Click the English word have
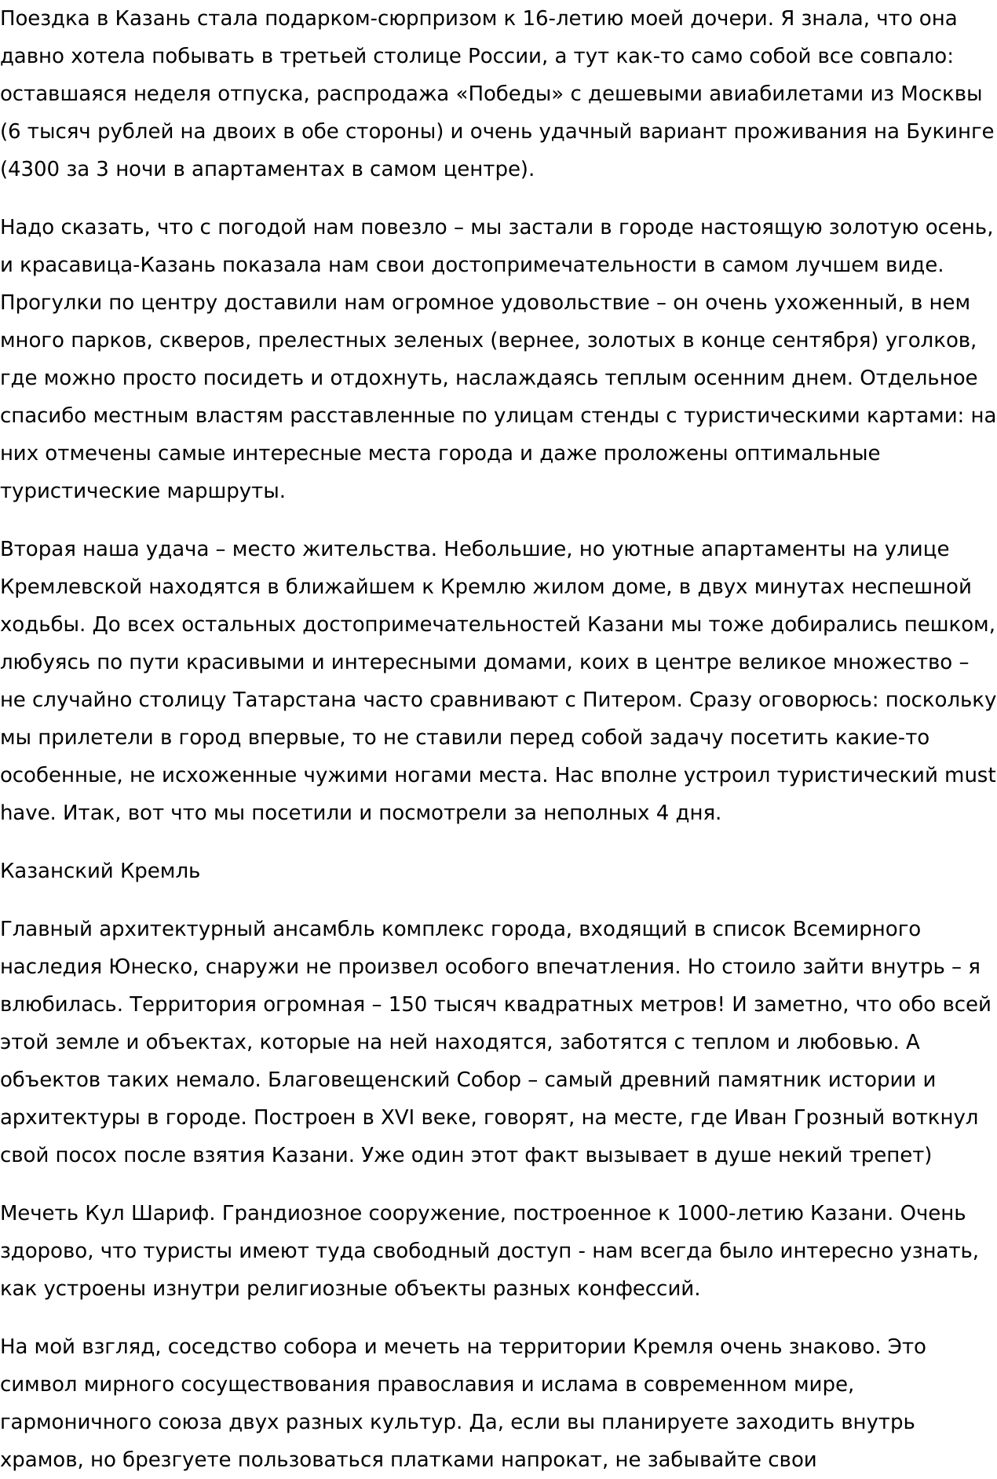coord(26,813)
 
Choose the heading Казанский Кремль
coord(100,871)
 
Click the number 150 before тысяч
coord(410,1005)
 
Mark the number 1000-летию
coord(729,1214)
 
